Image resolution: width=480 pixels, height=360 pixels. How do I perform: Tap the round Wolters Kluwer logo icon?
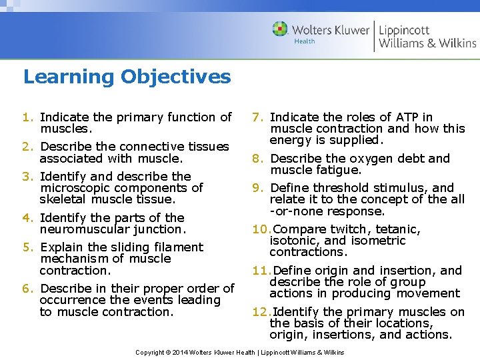(x=280, y=29)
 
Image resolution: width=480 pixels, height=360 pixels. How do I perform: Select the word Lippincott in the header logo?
(x=405, y=29)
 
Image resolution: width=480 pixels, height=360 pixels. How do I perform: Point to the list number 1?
(x=28, y=117)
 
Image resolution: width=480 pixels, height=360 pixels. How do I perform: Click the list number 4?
(x=28, y=218)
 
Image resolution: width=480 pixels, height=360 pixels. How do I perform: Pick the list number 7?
(x=258, y=117)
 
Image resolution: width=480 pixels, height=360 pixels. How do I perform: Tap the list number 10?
(x=261, y=230)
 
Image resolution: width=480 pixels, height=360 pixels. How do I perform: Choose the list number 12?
(x=261, y=312)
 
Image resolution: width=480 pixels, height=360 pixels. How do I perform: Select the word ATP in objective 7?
(x=388, y=117)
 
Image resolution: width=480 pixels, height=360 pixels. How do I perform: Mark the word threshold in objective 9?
(x=335, y=188)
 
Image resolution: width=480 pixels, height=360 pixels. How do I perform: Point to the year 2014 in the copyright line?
(x=182, y=352)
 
